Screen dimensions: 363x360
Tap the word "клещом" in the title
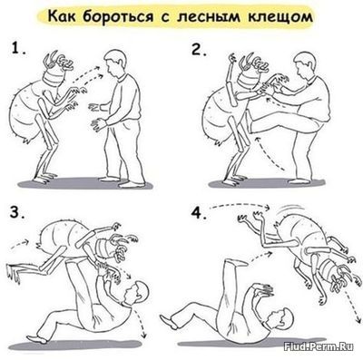[280, 17]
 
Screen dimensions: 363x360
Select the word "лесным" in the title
[209, 17]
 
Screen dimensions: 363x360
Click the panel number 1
[18, 49]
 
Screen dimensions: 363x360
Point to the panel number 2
[198, 49]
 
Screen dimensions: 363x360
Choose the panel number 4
[199, 213]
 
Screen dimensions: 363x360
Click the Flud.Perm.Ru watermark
[319, 346]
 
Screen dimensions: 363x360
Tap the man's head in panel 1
[115, 63]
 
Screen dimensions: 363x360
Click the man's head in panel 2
[305, 65]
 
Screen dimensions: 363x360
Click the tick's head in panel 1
[57, 70]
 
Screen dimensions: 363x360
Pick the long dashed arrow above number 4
[239, 206]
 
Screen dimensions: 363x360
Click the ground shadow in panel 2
[266, 183]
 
